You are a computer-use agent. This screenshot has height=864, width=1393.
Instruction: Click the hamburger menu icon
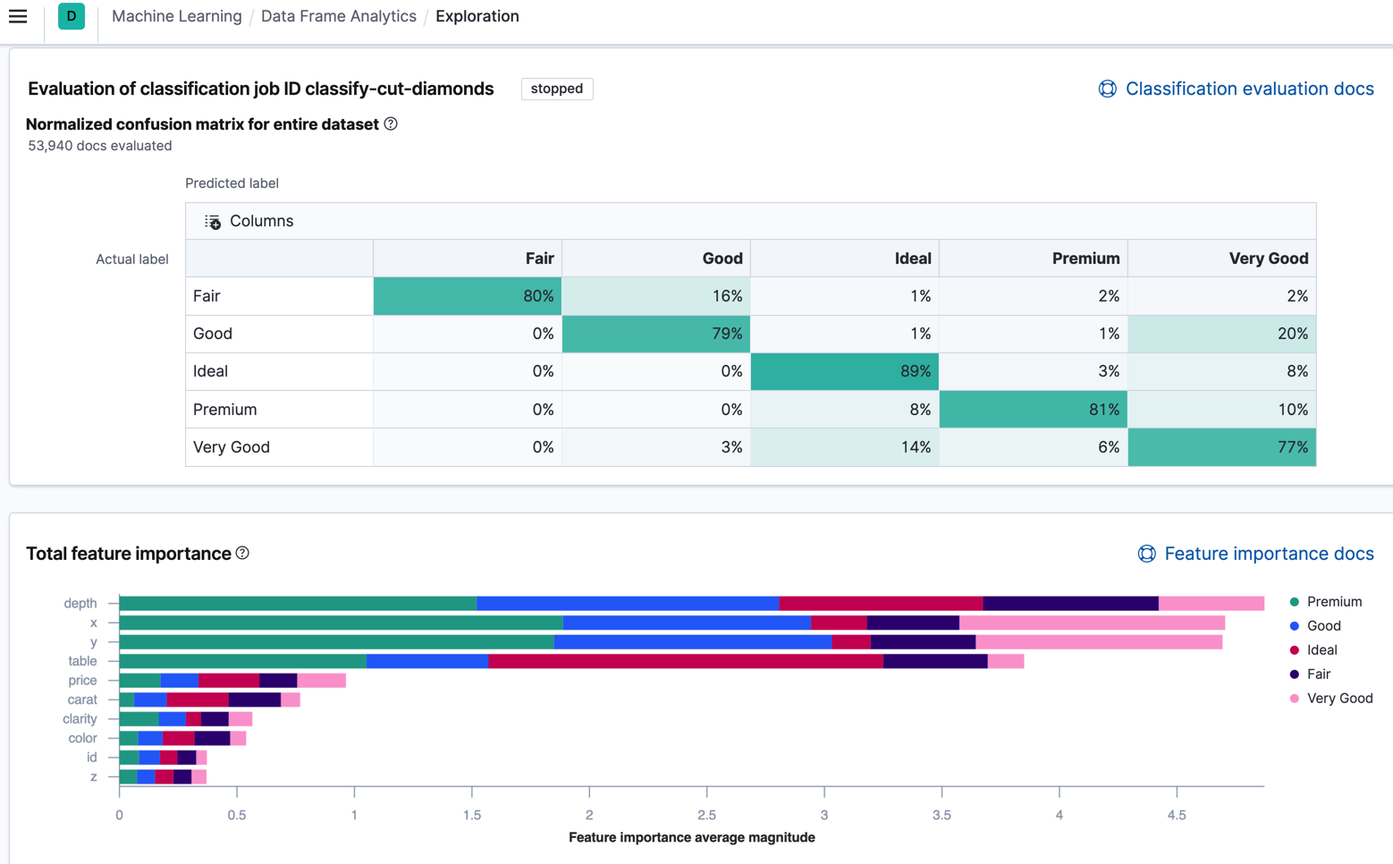tap(18, 16)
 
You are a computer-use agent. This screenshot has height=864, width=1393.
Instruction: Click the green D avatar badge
tap(72, 16)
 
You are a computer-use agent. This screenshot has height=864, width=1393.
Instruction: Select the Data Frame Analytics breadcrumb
tap(338, 16)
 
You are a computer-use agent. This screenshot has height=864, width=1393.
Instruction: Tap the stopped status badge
tap(556, 89)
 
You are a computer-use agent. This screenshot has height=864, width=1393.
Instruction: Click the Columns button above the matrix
tap(249, 221)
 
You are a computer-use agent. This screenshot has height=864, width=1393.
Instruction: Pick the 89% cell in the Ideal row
tap(844, 371)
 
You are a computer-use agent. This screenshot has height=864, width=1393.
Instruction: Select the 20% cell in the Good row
tap(1221, 334)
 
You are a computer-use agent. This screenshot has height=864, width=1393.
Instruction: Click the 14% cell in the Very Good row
tap(844, 447)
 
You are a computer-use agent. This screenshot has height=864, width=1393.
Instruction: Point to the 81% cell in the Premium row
tap(1033, 410)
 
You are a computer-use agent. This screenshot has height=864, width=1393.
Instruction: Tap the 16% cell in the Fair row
tap(655, 296)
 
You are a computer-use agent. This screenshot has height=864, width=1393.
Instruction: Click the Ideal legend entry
tap(1321, 650)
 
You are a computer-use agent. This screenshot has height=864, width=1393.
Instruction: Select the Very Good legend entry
tap(1338, 699)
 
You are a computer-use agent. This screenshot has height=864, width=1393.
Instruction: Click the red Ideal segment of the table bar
tap(685, 661)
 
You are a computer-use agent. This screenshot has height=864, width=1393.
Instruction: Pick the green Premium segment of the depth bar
tap(298, 604)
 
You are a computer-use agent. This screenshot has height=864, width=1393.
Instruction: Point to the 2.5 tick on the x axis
tap(706, 815)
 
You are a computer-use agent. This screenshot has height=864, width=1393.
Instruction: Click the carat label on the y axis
tap(82, 699)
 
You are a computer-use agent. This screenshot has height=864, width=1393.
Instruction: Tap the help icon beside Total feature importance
tap(242, 554)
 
